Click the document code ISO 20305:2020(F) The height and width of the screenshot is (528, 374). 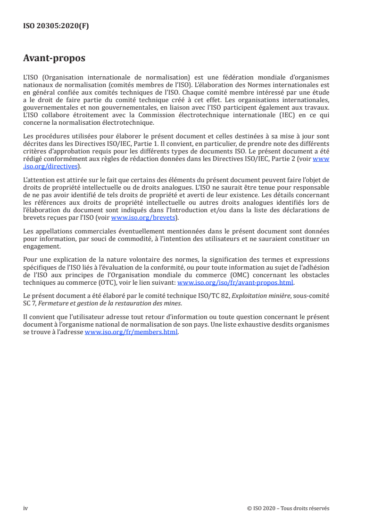56,26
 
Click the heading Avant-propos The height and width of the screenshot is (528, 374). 54,59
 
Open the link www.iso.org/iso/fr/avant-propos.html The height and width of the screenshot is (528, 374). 235,283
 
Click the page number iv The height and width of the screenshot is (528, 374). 25,508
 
